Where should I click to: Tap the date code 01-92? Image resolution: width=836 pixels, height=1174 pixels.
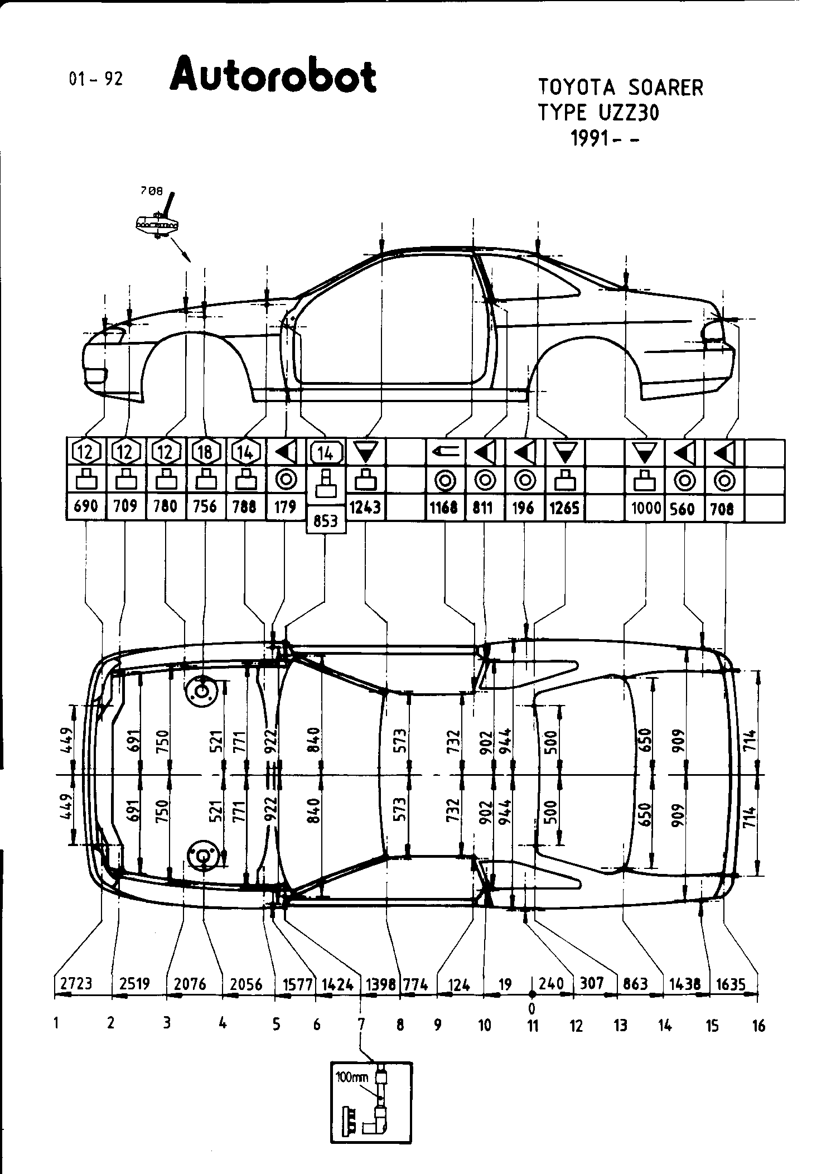(95, 80)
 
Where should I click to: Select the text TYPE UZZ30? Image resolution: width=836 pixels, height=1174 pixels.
(598, 113)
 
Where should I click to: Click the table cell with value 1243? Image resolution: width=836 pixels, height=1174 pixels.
(365, 507)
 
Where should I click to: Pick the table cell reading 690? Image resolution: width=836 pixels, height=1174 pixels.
(86, 506)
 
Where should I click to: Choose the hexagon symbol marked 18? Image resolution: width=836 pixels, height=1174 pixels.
(206, 451)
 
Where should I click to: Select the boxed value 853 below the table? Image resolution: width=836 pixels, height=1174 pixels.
(326, 521)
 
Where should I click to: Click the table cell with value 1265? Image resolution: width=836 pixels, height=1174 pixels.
(564, 507)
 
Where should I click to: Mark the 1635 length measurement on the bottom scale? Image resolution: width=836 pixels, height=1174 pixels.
(731, 984)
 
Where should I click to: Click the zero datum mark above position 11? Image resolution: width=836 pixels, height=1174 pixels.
(532, 1008)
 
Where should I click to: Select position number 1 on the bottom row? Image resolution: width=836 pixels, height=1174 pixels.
(56, 1023)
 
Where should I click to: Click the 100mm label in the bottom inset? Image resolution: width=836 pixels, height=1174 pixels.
(352, 1078)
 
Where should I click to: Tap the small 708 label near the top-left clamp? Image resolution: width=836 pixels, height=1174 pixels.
(151, 191)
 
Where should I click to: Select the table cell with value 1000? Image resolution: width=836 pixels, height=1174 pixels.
(645, 508)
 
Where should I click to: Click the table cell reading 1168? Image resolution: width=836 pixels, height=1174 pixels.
(444, 508)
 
